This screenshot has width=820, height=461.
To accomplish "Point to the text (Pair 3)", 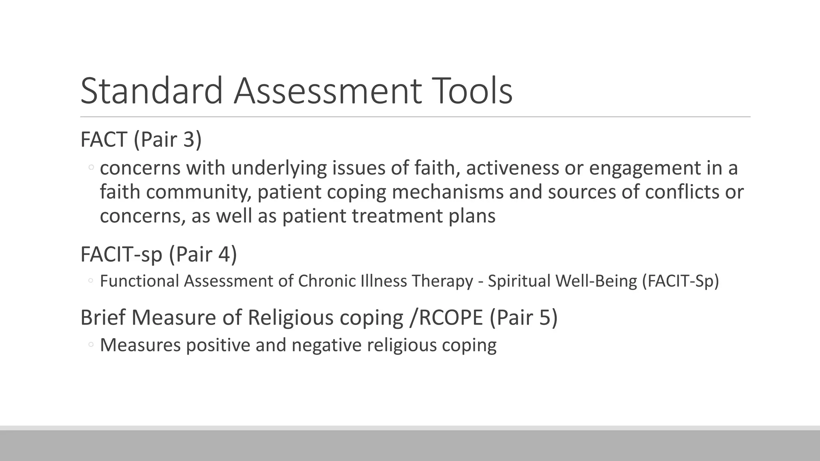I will [x=167, y=140].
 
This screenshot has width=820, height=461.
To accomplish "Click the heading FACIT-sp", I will [x=121, y=254].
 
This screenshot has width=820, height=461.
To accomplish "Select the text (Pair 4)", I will [x=203, y=254].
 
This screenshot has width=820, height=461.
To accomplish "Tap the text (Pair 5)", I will [x=523, y=318].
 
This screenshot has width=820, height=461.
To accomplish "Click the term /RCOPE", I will [x=446, y=318].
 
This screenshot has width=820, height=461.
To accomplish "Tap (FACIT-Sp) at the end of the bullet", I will [x=680, y=281].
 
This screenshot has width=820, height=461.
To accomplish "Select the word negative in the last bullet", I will [x=326, y=345].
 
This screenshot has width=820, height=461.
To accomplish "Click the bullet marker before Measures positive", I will [x=91, y=345].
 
